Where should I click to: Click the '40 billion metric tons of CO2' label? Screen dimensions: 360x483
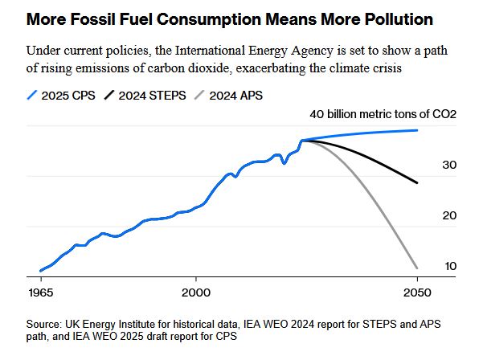pyautogui.click(x=383, y=114)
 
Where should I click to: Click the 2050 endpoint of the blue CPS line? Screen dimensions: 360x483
pyautogui.click(x=417, y=130)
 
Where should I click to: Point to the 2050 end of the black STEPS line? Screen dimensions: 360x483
pyautogui.click(x=417, y=183)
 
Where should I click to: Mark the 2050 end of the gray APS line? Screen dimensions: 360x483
pyautogui.click(x=417, y=268)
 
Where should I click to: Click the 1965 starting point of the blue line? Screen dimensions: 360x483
pyautogui.click(x=40, y=271)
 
